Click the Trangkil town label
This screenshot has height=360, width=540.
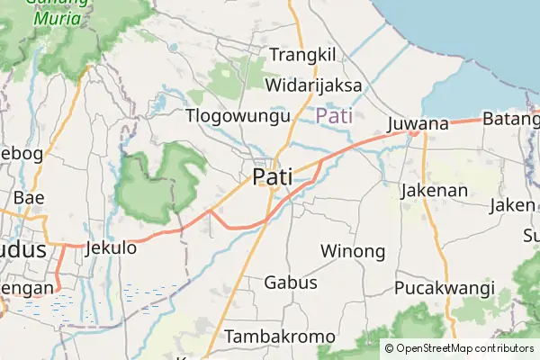(302, 55)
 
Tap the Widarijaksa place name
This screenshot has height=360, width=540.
(313, 85)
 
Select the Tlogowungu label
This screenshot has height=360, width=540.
(238, 115)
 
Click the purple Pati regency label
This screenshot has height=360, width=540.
(334, 115)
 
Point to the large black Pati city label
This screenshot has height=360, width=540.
(273, 176)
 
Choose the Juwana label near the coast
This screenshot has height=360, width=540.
(418, 123)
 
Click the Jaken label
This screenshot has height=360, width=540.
(511, 205)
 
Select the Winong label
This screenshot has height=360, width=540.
(352, 250)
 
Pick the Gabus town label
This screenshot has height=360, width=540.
(291, 283)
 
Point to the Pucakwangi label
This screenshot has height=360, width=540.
(445, 288)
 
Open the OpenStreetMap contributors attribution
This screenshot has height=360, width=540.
(464, 348)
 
